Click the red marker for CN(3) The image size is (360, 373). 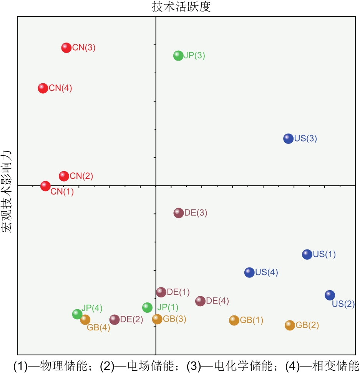point(66,48)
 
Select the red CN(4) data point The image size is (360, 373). point(43,88)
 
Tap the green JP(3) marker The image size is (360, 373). point(178,56)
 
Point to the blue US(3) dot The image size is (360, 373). point(289,139)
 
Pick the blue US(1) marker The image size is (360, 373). point(307,254)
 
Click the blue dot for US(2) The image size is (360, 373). point(330,295)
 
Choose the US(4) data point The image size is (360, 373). point(249,272)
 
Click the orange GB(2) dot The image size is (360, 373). point(290,325)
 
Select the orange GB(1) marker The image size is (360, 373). point(234,320)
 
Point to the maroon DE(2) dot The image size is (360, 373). point(114,319)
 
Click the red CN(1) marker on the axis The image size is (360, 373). point(45,186)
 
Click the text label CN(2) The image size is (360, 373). point(81,177)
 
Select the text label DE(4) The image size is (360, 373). point(217,301)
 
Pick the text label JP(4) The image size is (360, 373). point(92,308)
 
